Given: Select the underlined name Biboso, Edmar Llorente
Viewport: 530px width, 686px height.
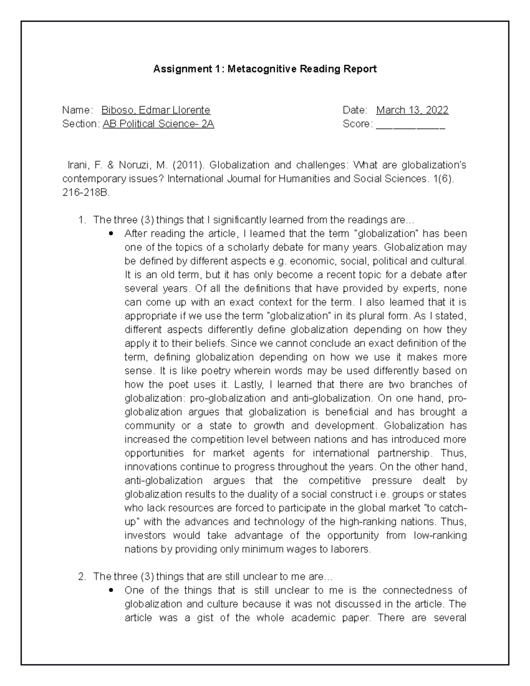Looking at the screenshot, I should (155, 110).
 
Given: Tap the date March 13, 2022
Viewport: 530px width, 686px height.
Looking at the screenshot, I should (412, 110).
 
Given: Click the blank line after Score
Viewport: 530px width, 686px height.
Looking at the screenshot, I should (410, 124).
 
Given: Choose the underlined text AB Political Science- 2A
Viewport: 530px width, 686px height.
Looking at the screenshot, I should (158, 124).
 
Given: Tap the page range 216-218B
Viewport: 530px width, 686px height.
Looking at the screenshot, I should (86, 193).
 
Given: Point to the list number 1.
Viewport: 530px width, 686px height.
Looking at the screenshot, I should (81, 220).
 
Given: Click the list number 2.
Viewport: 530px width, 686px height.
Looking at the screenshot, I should (81, 576).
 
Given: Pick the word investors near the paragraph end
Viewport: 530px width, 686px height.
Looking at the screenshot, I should (145, 535).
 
